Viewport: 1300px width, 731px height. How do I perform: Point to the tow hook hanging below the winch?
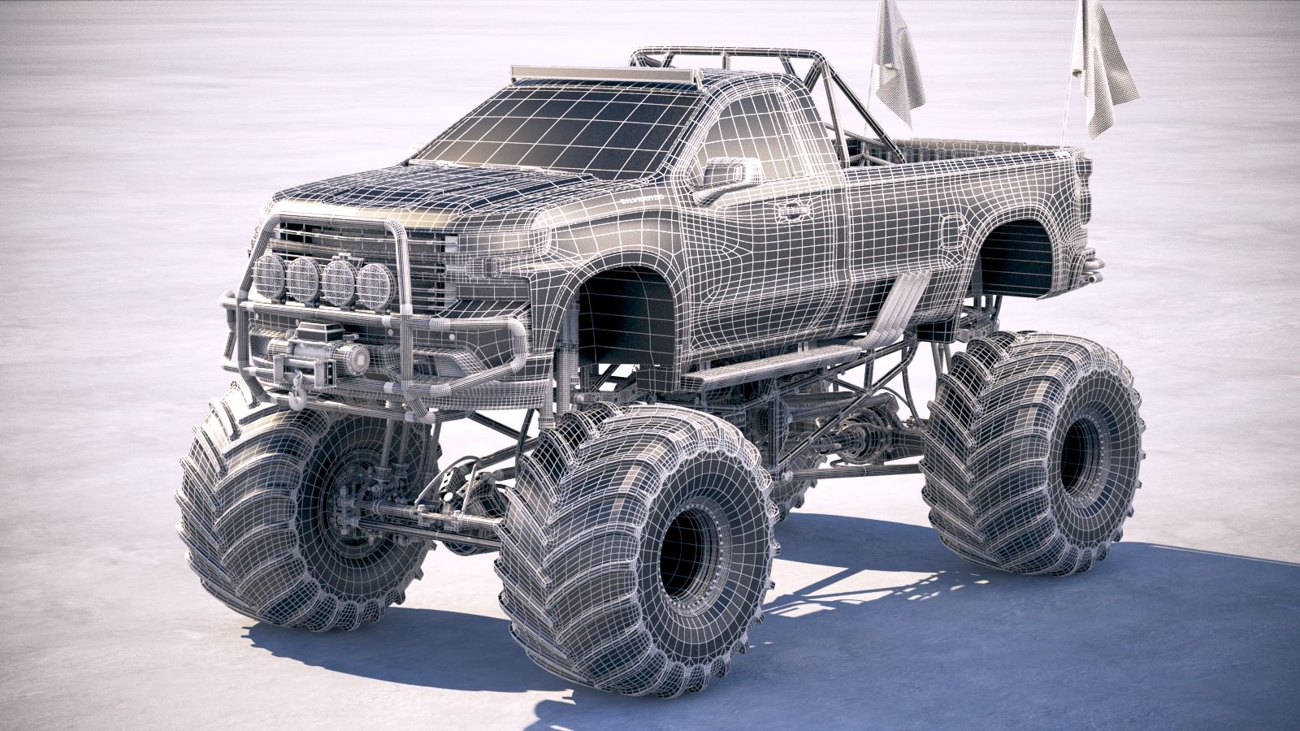point(298,396)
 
